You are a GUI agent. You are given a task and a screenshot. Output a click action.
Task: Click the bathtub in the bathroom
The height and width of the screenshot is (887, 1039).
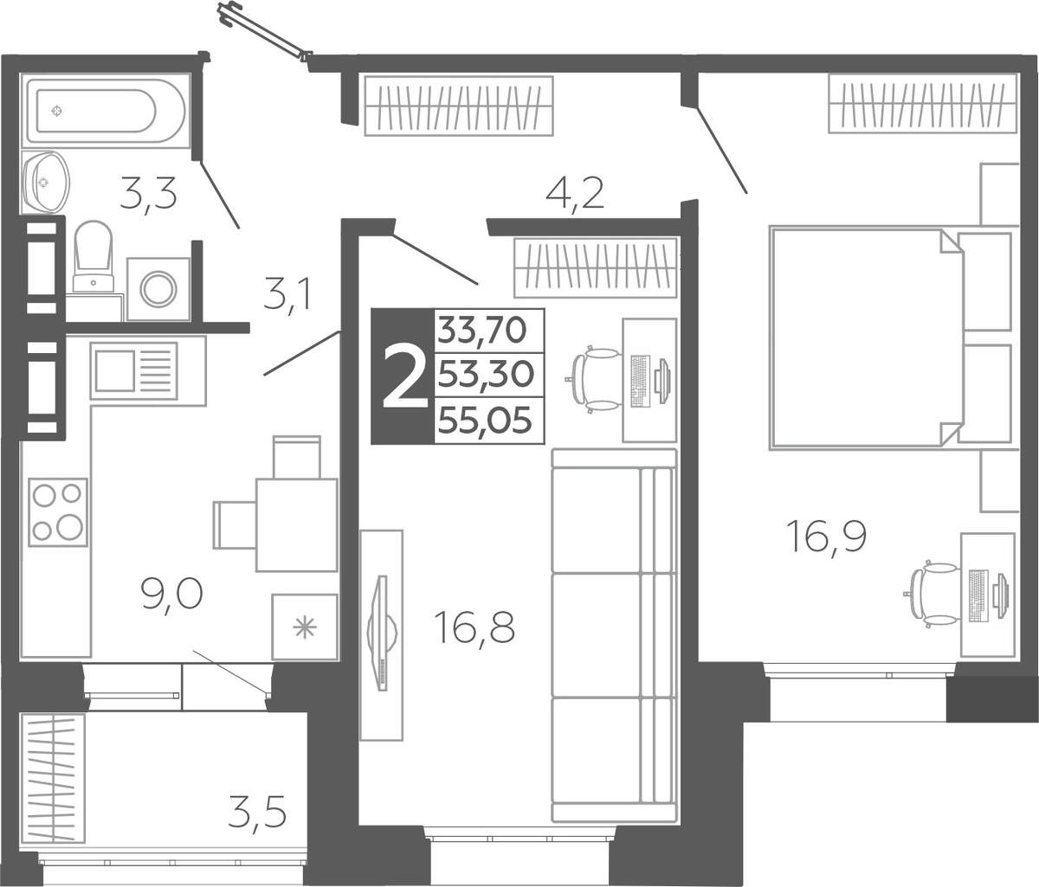point(106,111)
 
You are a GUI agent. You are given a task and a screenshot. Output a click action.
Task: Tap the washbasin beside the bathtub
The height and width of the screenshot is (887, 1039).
point(45,182)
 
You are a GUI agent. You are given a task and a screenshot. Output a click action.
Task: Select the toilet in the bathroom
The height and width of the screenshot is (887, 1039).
point(93,256)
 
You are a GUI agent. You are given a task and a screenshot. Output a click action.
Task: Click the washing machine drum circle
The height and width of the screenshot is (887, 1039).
point(158,289)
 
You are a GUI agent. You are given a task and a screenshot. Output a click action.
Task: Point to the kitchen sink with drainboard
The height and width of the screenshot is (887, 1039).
point(133,370)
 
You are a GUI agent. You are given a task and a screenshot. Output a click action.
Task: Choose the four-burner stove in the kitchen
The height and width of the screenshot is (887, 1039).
point(58,512)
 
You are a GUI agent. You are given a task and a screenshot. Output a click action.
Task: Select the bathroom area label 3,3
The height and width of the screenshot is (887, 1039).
point(148,195)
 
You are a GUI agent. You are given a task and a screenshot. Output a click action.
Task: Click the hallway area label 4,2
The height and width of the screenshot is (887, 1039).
point(575,193)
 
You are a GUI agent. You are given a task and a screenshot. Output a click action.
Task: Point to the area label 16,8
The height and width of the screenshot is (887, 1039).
point(476,628)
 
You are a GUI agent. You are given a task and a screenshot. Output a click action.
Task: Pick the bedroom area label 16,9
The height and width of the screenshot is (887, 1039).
point(829,537)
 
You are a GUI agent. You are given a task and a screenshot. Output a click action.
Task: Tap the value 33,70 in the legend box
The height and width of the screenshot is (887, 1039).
point(481,331)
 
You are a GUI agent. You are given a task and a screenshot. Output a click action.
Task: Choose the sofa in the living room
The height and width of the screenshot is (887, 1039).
point(614,635)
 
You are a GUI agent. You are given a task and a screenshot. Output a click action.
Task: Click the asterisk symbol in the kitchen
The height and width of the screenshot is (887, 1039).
point(305,628)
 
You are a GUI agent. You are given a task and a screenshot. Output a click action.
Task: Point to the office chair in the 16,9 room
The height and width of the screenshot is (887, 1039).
point(933,595)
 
